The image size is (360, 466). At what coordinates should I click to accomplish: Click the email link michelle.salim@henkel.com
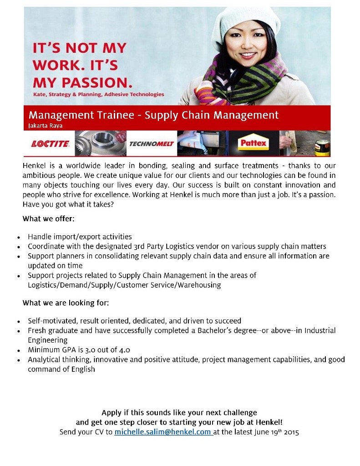coord(163,432)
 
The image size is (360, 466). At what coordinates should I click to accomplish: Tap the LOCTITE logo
coord(50,144)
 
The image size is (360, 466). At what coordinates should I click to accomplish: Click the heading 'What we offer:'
coord(48,219)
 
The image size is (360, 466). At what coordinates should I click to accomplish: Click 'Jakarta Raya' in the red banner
coord(46,125)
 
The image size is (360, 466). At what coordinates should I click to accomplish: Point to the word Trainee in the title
coord(119,115)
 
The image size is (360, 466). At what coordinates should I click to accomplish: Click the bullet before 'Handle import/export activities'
coord(18,238)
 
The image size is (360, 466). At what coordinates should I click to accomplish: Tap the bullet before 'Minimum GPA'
coord(18,350)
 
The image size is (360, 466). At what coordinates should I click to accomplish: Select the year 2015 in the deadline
coord(290,432)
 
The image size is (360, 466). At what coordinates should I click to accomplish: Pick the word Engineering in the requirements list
coord(47,340)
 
